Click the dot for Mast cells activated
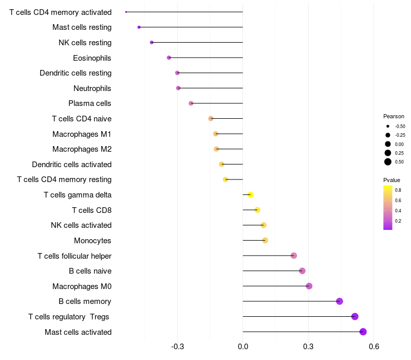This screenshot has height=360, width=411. pyautogui.click(x=363, y=332)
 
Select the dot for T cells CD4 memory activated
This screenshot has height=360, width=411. pyautogui.click(x=126, y=12)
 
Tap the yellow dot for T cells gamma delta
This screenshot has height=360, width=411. pyautogui.click(x=250, y=195)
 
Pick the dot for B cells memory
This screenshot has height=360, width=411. pyautogui.click(x=340, y=301)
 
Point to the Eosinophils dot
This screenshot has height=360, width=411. pyautogui.click(x=169, y=58)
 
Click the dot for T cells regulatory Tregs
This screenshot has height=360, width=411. pyautogui.click(x=355, y=316)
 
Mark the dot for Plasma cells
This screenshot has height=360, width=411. pyautogui.click(x=191, y=103)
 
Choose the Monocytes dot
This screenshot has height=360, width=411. pyautogui.click(x=265, y=240)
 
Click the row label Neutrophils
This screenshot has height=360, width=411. pyautogui.click(x=92, y=88)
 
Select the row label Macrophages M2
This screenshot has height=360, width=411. pyautogui.click(x=82, y=149)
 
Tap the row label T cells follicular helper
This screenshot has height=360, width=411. pyautogui.click(x=74, y=256)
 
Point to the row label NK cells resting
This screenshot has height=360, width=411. pyautogui.click(x=85, y=43)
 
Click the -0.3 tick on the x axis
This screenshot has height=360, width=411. pyautogui.click(x=177, y=347)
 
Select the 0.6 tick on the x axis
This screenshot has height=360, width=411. pyautogui.click(x=374, y=347)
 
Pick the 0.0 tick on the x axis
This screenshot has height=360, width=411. pyautogui.click(x=242, y=347)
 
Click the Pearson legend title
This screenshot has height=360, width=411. pyautogui.click(x=394, y=116)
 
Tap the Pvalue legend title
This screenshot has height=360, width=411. pyautogui.click(x=391, y=181)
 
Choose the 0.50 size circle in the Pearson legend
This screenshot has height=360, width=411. pyautogui.click(x=388, y=162)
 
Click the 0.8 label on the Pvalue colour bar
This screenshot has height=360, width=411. pyautogui.click(x=398, y=190)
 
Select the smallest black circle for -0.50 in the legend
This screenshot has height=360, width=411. pyautogui.click(x=388, y=126)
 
